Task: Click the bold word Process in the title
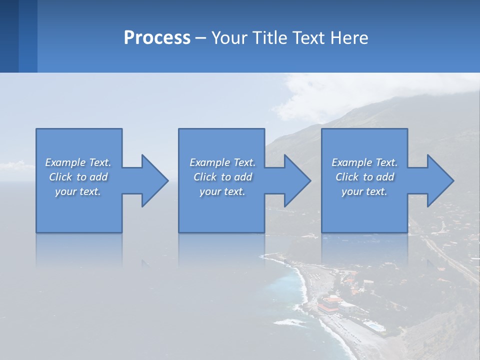coord(157,37)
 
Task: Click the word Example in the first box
coord(65,162)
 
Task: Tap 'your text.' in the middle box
coord(222,191)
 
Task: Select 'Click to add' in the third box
coord(364,177)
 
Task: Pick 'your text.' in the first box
coord(78,191)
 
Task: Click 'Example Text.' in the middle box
coord(222,162)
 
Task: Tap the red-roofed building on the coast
coord(330,303)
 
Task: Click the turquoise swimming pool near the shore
coord(373,326)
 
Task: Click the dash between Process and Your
coord(200,38)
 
